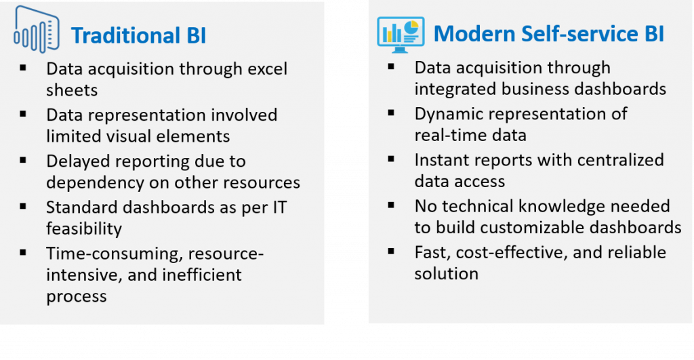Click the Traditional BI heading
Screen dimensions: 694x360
tap(138, 35)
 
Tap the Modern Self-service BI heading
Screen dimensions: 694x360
tap(549, 34)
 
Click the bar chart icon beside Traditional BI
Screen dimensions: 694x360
tap(37, 30)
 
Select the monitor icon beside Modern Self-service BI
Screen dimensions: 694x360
tap(401, 35)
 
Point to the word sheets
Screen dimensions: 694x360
tap(72, 90)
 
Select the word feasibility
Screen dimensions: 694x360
tap(84, 229)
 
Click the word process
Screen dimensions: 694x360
tap(76, 297)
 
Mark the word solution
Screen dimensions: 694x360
tap(446, 274)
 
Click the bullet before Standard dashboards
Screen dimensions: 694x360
tap(23, 206)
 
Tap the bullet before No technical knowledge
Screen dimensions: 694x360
tap(391, 205)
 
